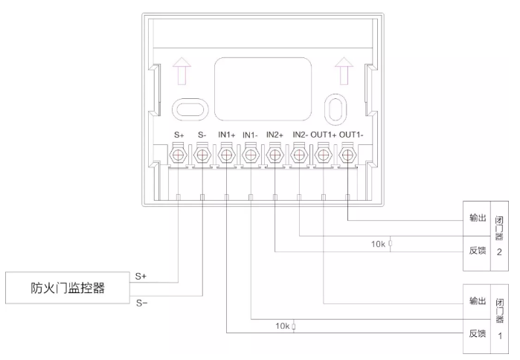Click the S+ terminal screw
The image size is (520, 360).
[x=179, y=155]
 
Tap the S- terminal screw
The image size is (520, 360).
[x=202, y=155]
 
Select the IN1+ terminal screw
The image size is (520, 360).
[x=226, y=155]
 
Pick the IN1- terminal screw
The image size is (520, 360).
[x=251, y=155]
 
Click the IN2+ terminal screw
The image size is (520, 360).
[x=275, y=155]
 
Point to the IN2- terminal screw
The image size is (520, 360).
[x=299, y=155]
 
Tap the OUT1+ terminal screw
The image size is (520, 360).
[x=323, y=155]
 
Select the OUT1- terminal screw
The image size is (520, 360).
[x=347, y=155]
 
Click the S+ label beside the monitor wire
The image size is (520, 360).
[x=141, y=276]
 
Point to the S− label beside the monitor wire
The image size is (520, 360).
[x=141, y=302]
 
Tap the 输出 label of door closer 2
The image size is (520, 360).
[x=477, y=219]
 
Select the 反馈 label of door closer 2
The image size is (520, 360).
[x=477, y=251]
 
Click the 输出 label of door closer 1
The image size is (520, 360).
[x=477, y=301]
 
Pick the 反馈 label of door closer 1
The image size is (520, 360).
[x=477, y=334]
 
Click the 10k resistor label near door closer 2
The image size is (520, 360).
[x=379, y=243]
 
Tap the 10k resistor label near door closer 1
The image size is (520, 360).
[x=283, y=326]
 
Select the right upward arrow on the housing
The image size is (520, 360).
[x=342, y=74]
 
